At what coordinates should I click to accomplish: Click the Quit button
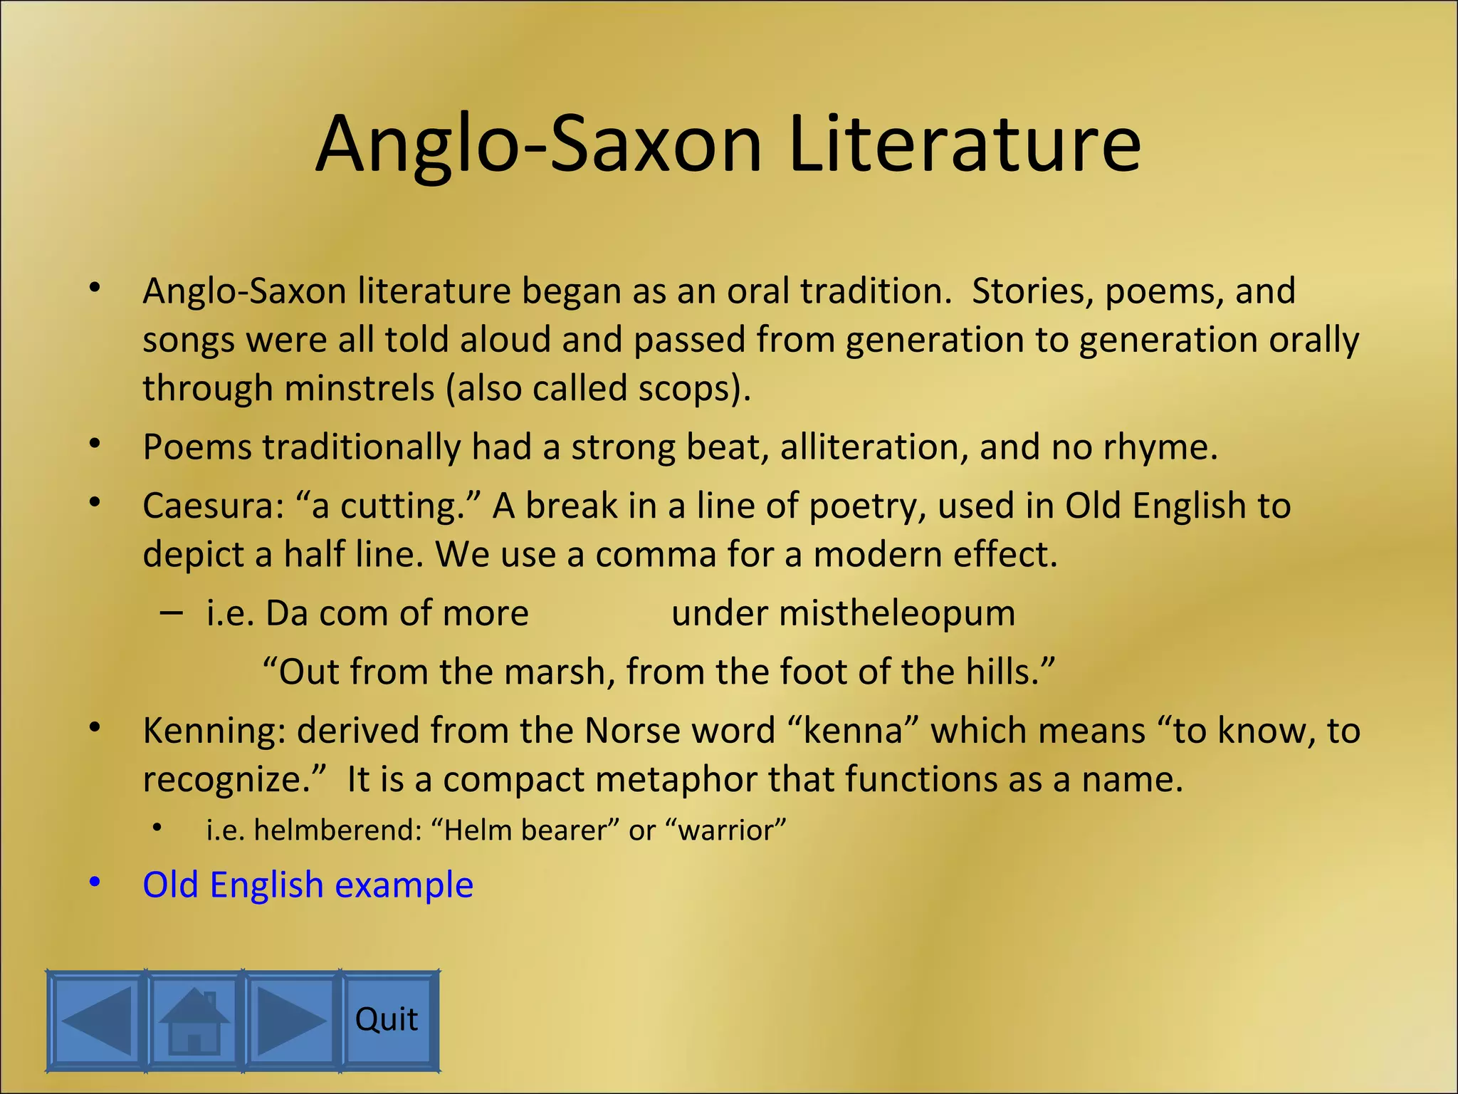click(x=387, y=1020)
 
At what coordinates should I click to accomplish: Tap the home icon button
click(x=194, y=1020)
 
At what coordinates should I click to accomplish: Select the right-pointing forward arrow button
click(x=291, y=1020)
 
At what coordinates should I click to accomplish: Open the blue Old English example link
click(x=308, y=885)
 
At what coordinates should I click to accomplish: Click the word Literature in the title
click(x=965, y=144)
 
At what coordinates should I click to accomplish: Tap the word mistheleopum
click(x=897, y=613)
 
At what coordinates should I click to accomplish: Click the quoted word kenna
click(x=853, y=731)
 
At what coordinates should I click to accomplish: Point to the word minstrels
click(x=360, y=389)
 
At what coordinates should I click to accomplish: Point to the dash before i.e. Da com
click(x=171, y=612)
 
